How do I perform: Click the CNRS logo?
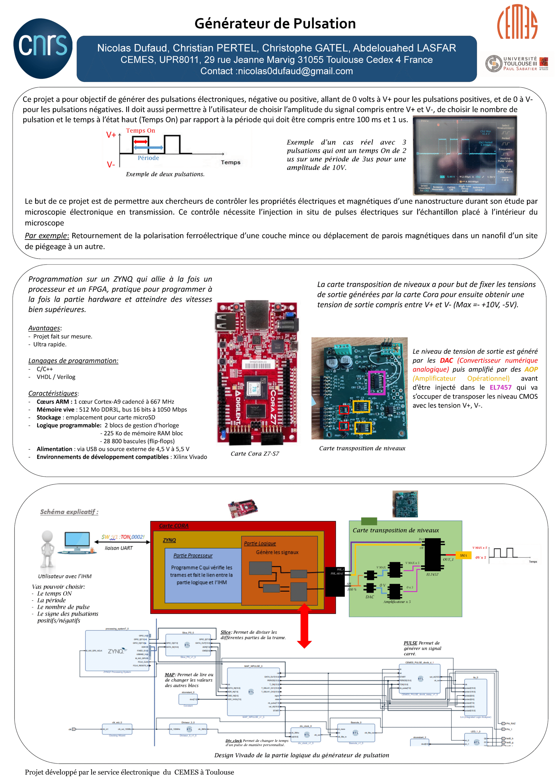[43, 48]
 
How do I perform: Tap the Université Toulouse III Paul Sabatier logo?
[517, 64]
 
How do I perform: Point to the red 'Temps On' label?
[140, 130]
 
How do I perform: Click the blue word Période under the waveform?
[148, 158]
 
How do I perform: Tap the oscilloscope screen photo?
[465, 155]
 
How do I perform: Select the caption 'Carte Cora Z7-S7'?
[254, 454]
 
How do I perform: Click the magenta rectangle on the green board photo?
[376, 383]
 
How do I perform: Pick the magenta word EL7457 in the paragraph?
[500, 387]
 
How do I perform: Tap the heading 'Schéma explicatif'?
[69, 512]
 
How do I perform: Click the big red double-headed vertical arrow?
[304, 626]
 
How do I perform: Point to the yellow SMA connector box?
[463, 555]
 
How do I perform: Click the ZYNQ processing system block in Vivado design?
[117, 651]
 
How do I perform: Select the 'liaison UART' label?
[119, 548]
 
